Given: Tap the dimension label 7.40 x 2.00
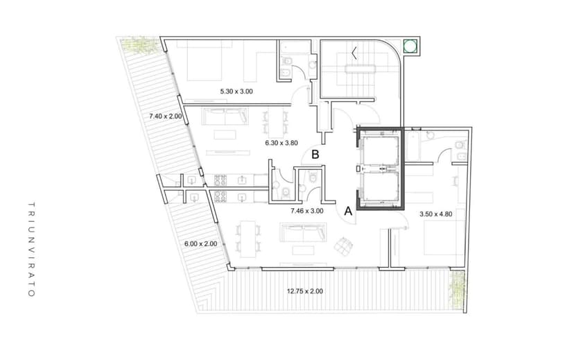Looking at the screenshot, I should point(165,117).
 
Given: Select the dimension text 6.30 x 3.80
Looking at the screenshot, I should point(281,144).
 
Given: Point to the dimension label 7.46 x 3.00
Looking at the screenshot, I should point(307,210).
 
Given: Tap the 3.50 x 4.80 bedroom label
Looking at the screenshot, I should point(436,214).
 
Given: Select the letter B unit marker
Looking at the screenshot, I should point(315,155).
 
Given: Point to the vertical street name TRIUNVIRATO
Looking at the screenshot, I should point(31,250).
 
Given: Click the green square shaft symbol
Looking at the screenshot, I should point(410,46).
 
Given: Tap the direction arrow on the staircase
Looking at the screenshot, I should point(354,51).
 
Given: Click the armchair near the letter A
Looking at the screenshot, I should point(342,245).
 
